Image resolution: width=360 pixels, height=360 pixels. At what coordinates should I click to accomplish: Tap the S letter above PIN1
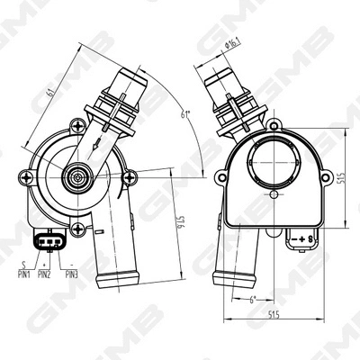pos(23,265)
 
